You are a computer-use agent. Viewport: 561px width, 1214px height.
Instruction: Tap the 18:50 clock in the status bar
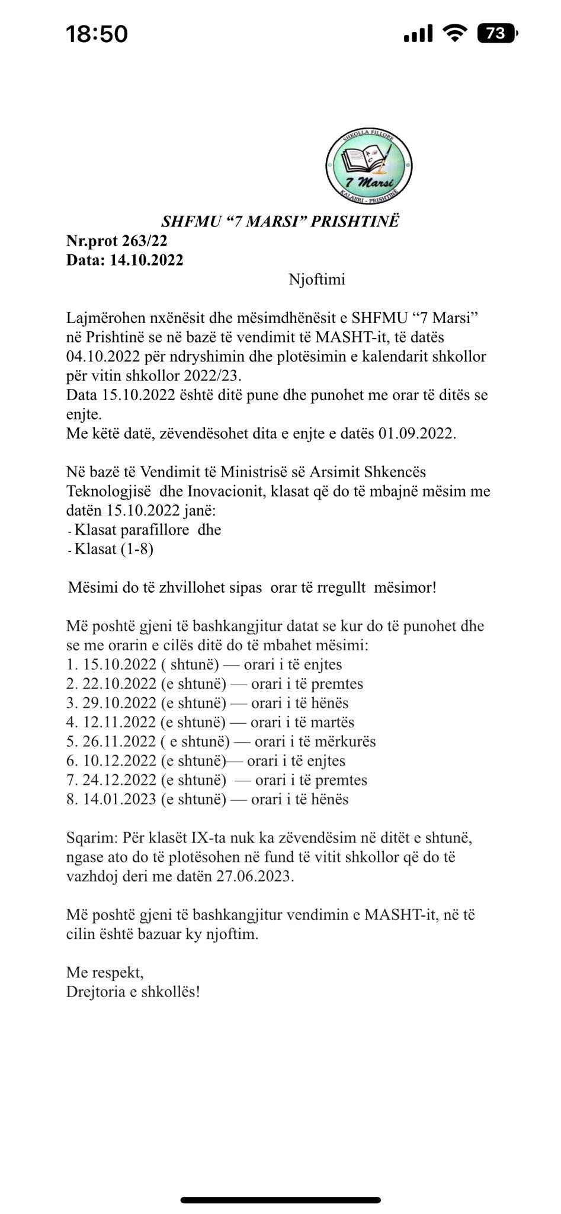97,34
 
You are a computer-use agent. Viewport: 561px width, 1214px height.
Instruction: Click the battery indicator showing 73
496,34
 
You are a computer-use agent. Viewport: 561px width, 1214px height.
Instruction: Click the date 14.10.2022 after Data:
146,260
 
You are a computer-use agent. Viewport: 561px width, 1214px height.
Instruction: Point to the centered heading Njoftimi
316,279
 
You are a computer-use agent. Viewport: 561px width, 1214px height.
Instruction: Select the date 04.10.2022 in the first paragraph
103,357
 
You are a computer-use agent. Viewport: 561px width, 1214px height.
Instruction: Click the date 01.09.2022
416,433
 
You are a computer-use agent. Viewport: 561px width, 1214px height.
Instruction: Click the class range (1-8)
137,549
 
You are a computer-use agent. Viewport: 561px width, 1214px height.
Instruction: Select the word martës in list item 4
332,723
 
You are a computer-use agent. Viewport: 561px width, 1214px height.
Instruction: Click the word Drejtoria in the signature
97,992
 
